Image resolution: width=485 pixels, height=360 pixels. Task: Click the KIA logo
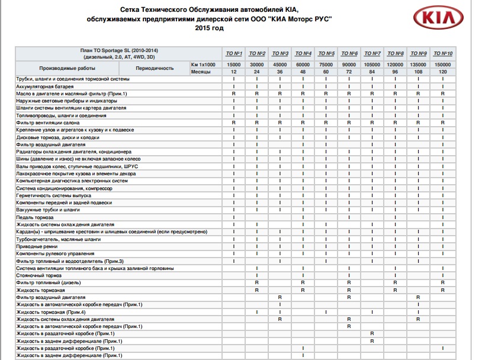click(439, 20)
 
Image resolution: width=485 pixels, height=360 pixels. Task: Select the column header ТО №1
click(234, 53)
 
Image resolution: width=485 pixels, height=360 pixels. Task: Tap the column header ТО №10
click(442, 53)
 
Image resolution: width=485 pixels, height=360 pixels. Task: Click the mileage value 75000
click(326, 64)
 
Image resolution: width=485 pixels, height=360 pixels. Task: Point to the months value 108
click(419, 71)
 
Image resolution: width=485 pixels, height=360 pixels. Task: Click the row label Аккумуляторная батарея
click(46, 86)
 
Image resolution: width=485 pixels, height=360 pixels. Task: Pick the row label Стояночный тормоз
click(39, 275)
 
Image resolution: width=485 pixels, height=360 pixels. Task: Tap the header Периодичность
click(155, 67)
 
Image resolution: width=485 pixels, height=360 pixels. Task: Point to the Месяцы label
click(201, 71)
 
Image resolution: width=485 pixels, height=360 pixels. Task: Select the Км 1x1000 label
click(203, 64)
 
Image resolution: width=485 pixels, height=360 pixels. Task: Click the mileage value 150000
click(442, 64)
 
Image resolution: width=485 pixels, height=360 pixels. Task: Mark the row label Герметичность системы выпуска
click(54, 195)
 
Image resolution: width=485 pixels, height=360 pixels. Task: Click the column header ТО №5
click(326, 53)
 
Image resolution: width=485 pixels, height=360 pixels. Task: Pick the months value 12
click(234, 71)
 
